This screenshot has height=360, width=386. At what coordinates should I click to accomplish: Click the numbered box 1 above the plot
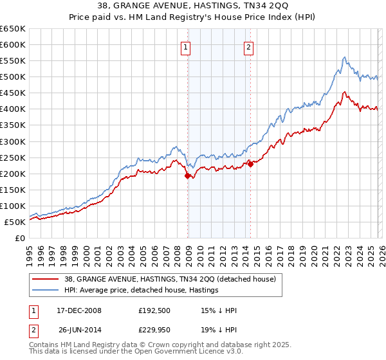pos(185,46)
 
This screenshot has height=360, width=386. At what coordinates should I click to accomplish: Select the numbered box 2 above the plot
pos(248,46)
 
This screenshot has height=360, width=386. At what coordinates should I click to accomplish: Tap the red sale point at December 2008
pos(188,175)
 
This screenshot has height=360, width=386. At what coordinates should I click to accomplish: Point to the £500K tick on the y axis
pos(13,77)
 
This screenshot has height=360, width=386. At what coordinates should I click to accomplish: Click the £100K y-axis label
pos(13,206)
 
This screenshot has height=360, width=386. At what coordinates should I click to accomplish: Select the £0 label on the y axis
pos(19,238)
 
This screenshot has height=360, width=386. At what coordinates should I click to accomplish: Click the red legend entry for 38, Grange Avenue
pos(170,279)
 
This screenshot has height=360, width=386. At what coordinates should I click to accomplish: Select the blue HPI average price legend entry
pos(142,291)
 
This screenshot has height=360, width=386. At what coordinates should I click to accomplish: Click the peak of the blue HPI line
pos(345,57)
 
